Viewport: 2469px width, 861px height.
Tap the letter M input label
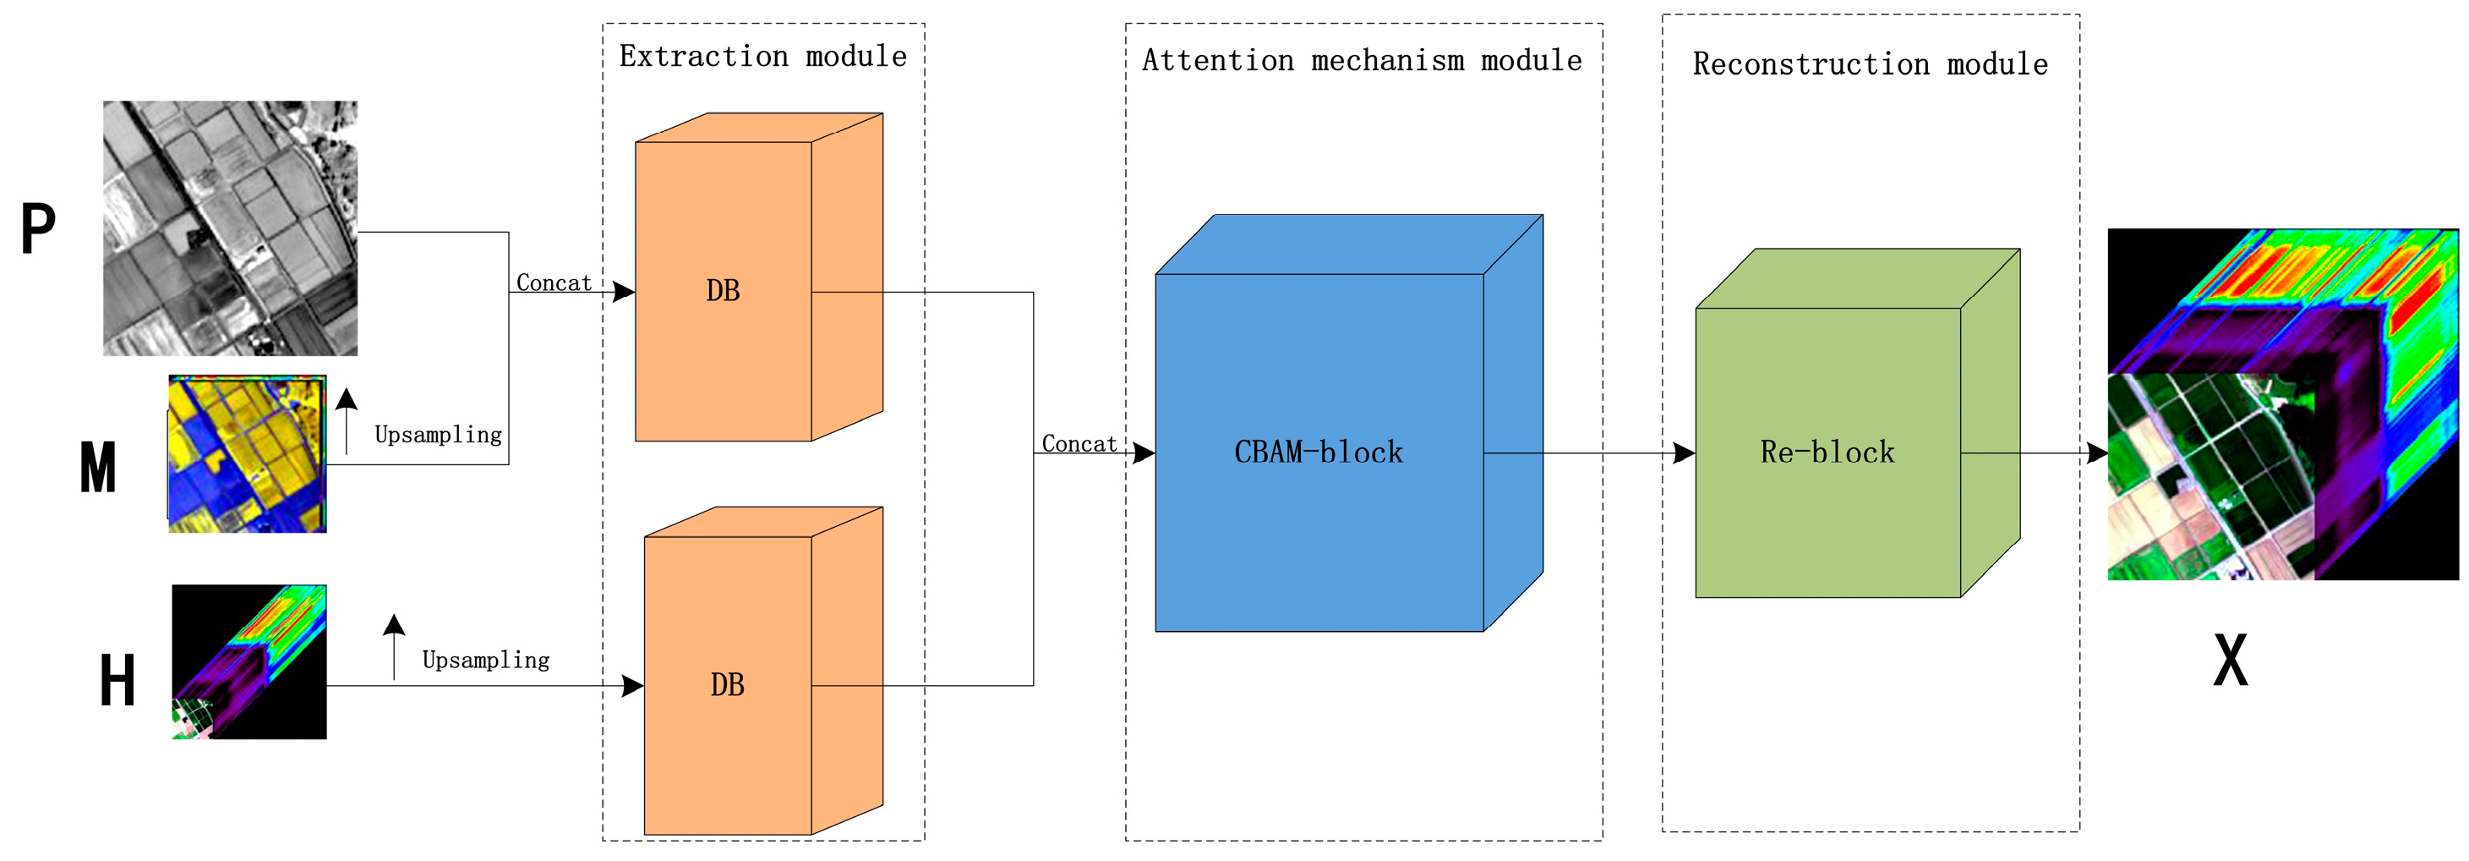tap(98, 468)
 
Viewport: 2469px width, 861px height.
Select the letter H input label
tap(117, 681)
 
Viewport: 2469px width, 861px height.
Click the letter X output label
tap(2231, 661)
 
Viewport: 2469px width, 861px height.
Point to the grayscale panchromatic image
tap(230, 228)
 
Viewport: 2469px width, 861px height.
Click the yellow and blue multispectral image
tap(248, 453)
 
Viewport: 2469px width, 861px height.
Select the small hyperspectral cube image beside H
tap(249, 661)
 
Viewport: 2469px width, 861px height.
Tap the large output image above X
tap(2282, 403)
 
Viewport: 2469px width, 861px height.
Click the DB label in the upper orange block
tap(723, 290)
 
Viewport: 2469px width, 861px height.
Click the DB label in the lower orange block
tap(728, 684)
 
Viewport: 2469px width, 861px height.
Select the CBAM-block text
tap(1318, 452)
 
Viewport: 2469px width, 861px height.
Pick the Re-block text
tap(1827, 452)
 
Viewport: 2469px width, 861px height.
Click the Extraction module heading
tap(763, 57)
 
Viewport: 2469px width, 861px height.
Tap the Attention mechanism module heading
tap(1362, 60)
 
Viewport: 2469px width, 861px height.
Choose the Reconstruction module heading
tap(1870, 64)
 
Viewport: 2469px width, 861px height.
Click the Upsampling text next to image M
tap(438, 436)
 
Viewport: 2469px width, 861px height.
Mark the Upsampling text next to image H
tap(486, 661)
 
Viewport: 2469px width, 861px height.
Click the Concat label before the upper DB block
tap(554, 282)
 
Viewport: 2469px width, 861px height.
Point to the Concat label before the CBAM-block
tap(1079, 444)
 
